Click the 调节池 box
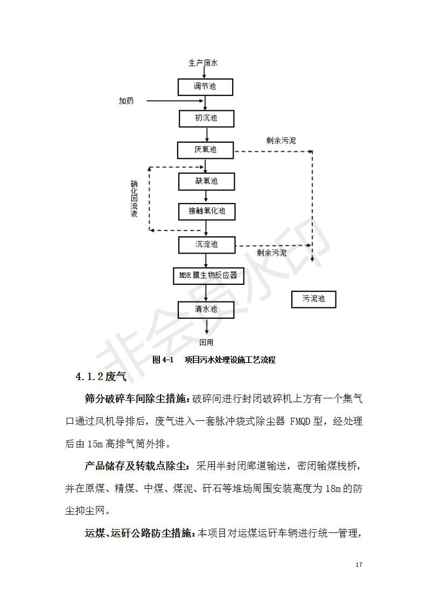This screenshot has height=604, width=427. [x=206, y=86]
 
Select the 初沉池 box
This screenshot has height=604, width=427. [x=206, y=118]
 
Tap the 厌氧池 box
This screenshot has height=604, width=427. [x=206, y=150]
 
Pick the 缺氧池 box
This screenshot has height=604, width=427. [x=206, y=181]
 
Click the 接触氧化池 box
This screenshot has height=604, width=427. [x=207, y=211]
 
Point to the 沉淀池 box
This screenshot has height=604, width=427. [x=207, y=244]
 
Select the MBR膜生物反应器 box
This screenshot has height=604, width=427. [x=208, y=276]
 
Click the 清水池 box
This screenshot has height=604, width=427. [x=206, y=309]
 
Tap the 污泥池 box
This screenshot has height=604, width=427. [x=313, y=299]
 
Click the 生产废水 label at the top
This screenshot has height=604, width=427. [x=203, y=63]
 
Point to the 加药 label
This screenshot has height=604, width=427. [x=127, y=101]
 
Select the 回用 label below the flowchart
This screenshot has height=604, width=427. [x=206, y=342]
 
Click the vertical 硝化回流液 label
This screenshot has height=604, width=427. [x=134, y=199]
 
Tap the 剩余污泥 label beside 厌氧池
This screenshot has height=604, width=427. [x=281, y=141]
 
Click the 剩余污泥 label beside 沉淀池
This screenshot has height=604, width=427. [x=272, y=252]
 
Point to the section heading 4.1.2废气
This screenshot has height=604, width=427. [x=101, y=376]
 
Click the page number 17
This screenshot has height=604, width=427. [x=359, y=565]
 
